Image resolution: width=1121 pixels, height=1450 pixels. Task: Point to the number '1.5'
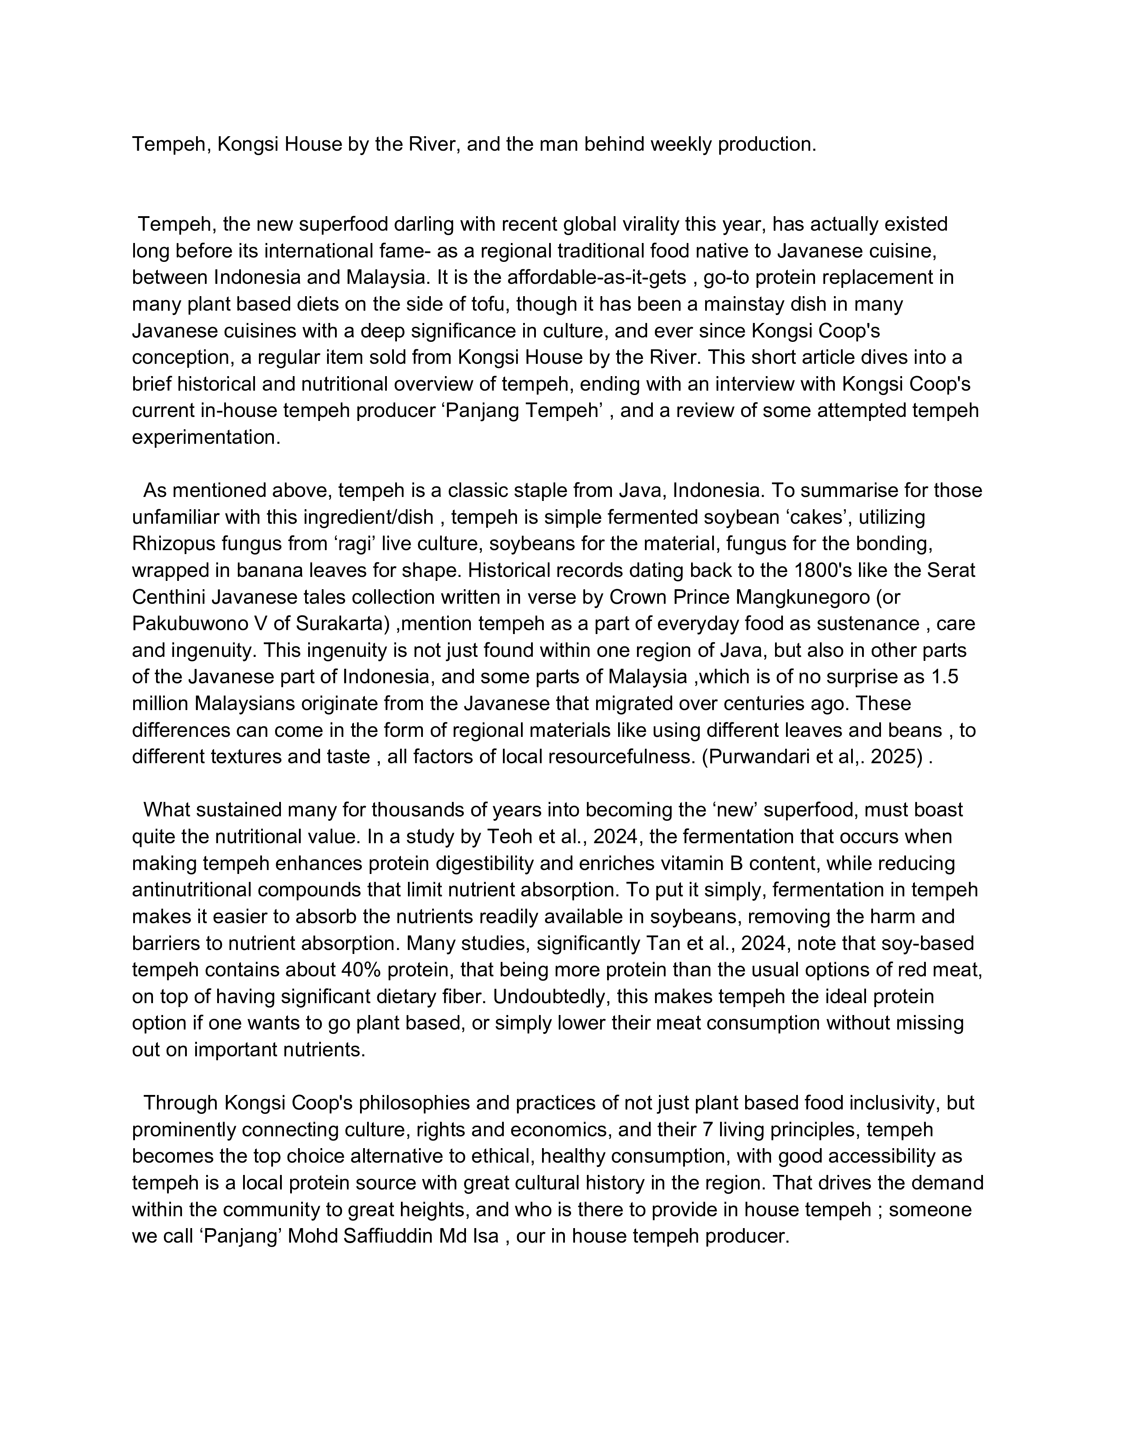point(944,677)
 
